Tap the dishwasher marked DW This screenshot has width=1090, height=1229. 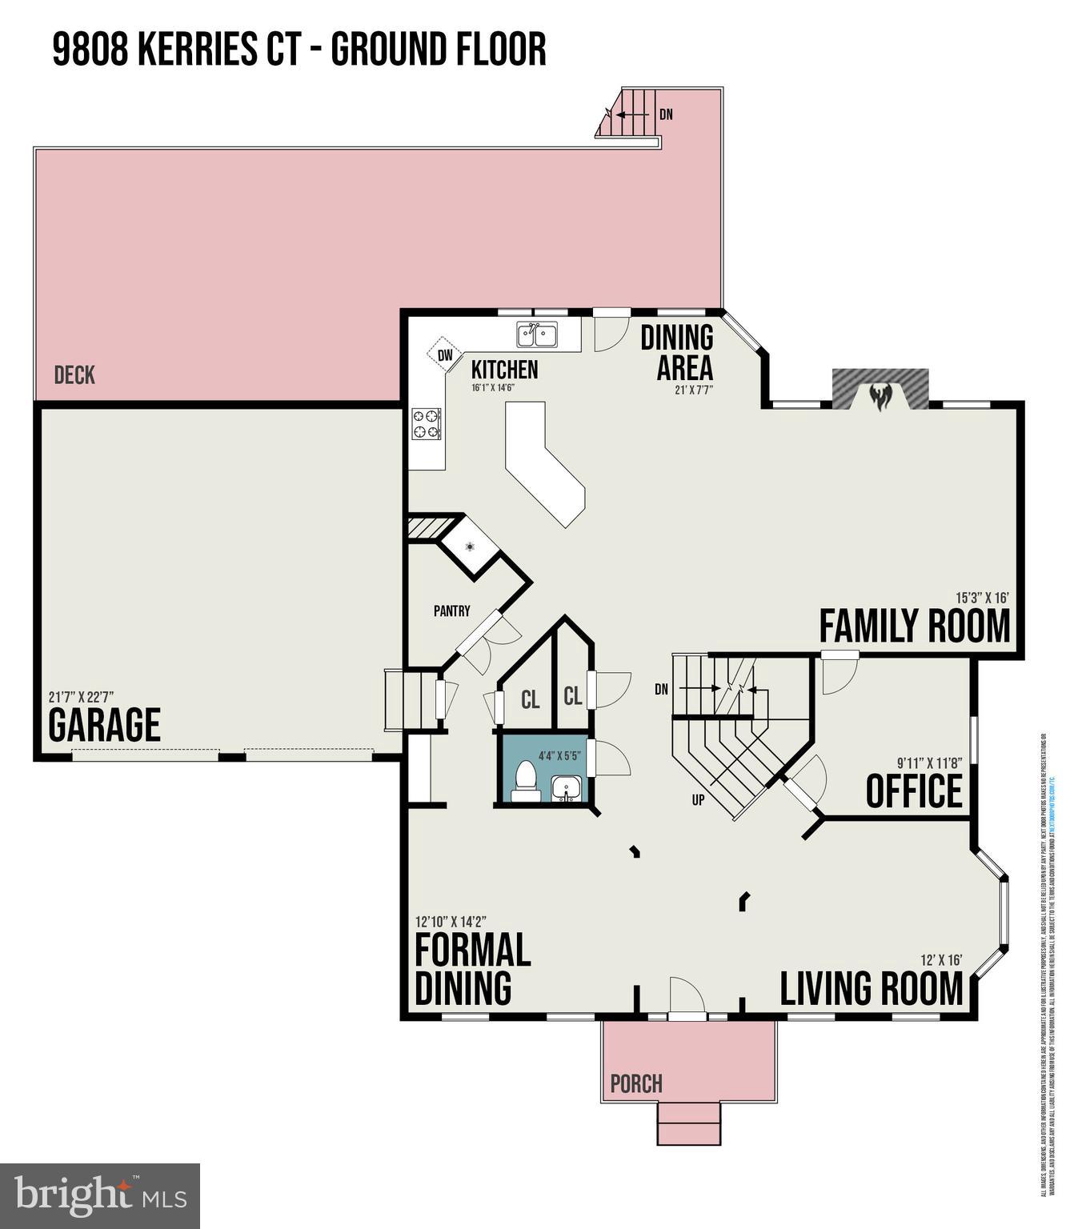[x=444, y=354]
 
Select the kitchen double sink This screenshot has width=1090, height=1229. [x=537, y=334]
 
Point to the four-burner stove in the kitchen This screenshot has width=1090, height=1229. [x=426, y=424]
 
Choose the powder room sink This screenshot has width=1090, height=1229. [x=567, y=788]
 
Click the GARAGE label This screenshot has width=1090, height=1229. [x=104, y=726]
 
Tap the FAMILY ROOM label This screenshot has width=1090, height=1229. [x=914, y=627]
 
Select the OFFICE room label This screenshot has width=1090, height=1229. [x=914, y=791]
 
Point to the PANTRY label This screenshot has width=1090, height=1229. [x=451, y=611]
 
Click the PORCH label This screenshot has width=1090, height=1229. [x=636, y=1084]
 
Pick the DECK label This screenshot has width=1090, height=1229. [x=74, y=374]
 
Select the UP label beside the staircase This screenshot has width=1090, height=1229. [x=698, y=799]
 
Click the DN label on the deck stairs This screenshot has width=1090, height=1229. [x=666, y=114]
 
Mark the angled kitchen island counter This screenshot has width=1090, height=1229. [x=544, y=464]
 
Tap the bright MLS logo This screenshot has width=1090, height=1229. [x=100, y=1195]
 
